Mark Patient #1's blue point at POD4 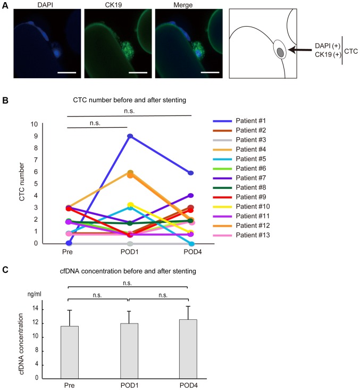point(190,173)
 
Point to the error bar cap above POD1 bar point(129,311)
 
